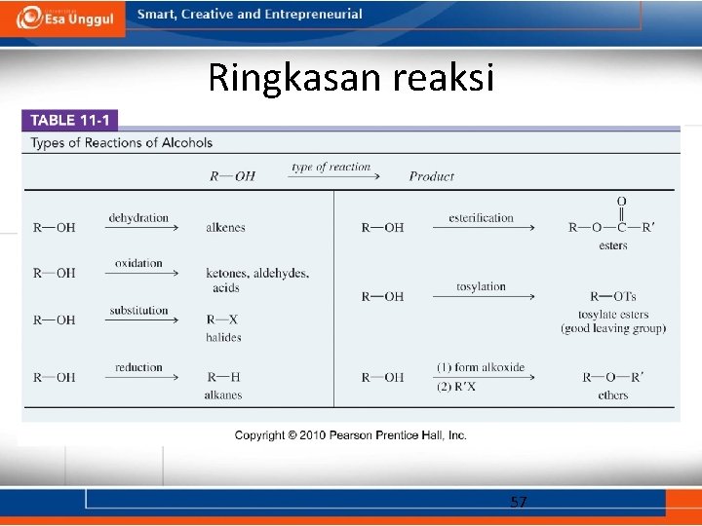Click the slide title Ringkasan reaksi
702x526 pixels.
point(351,77)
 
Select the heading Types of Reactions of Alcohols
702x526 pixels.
point(122,143)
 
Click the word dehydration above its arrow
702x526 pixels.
point(138,217)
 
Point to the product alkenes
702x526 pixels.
point(225,228)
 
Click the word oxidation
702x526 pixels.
point(138,263)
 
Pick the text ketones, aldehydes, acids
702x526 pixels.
point(257,280)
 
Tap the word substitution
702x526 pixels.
point(138,311)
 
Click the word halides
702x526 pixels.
point(223,337)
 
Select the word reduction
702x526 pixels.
point(138,367)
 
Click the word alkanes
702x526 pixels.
point(223,394)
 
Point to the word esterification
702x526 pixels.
point(481,217)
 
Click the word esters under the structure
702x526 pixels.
point(613,245)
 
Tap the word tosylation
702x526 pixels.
point(481,286)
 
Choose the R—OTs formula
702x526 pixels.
point(613,297)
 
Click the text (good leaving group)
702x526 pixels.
point(613,329)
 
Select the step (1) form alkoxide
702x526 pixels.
point(481,367)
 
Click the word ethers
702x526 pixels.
point(613,394)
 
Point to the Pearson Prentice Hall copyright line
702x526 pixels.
point(351,435)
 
